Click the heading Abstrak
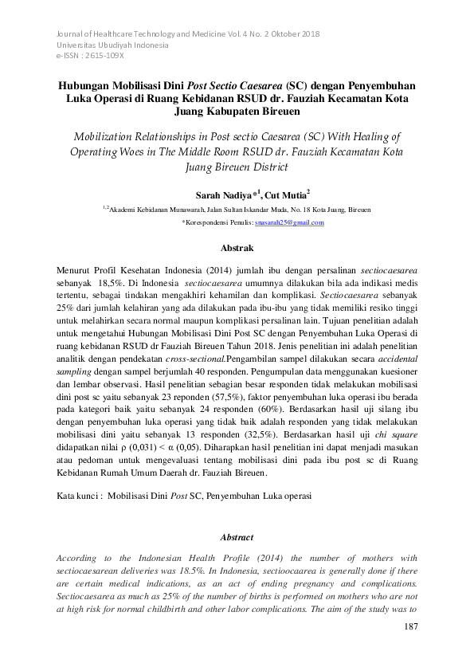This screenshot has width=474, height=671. pyautogui.click(x=237, y=249)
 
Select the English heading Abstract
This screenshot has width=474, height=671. pyautogui.click(x=237, y=537)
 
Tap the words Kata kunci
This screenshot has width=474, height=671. pyautogui.click(x=79, y=495)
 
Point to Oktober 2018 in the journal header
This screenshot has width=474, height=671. pyautogui.click(x=291, y=34)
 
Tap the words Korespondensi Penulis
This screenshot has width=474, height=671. pyautogui.click(x=217, y=223)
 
